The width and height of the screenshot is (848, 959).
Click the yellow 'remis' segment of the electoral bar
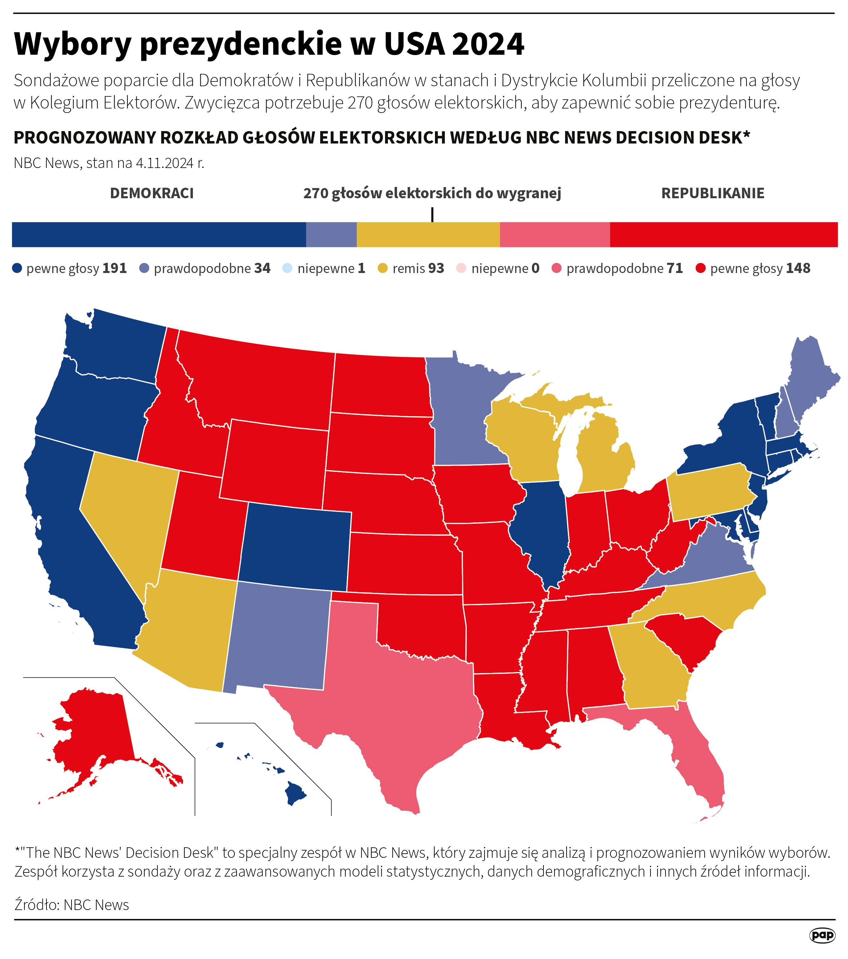(x=428, y=234)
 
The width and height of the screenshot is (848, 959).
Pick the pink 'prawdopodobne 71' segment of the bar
(x=554, y=234)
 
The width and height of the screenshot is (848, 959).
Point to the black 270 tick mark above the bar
(x=432, y=215)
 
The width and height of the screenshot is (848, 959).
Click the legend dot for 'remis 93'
(x=383, y=268)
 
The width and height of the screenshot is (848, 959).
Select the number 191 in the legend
(x=114, y=268)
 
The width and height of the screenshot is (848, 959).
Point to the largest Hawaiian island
(x=294, y=793)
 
